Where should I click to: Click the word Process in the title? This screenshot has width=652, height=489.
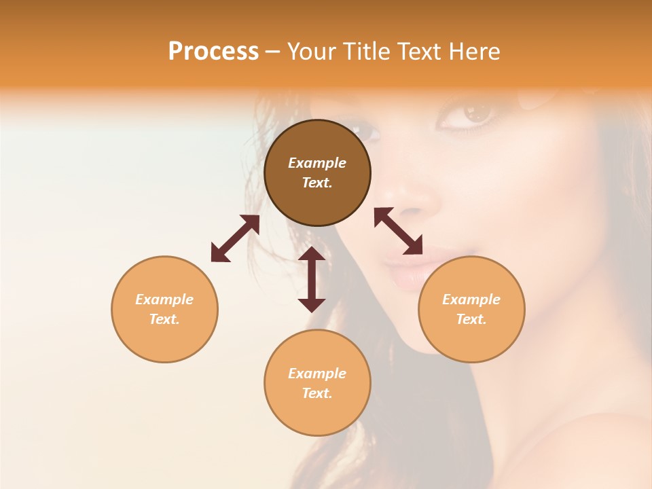[x=213, y=52]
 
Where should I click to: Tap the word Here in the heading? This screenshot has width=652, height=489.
[x=475, y=52]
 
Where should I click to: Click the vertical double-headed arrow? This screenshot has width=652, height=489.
[x=312, y=279]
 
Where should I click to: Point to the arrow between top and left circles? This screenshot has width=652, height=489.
[x=235, y=238]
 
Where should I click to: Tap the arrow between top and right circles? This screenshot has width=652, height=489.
[x=399, y=231]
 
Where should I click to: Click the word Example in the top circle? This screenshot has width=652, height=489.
[x=317, y=163]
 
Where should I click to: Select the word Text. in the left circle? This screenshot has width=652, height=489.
[x=164, y=319]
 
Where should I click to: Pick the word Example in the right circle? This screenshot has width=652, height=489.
[x=471, y=300]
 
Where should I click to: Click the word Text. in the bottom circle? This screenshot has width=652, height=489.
[x=317, y=393]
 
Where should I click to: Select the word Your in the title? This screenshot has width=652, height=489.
[x=309, y=52]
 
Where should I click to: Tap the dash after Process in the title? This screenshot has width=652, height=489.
[x=272, y=52]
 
